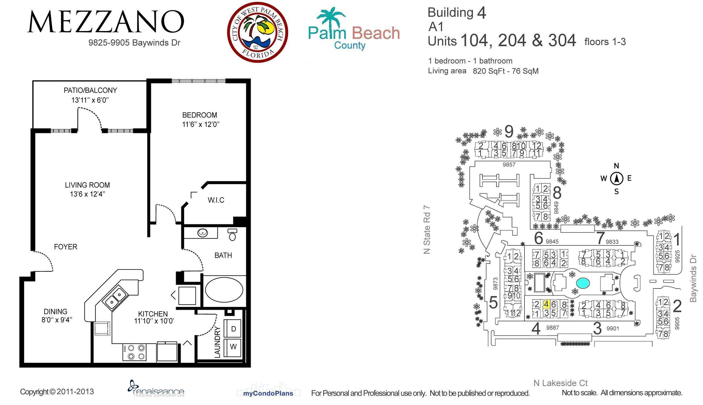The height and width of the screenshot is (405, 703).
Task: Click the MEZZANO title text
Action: [106, 22]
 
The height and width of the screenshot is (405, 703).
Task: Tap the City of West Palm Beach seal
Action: [258, 32]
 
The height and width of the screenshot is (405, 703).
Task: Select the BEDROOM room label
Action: [200, 115]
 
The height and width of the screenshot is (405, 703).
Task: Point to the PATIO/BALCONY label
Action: [90, 90]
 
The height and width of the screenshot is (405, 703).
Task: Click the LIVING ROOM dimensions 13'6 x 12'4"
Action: [87, 194]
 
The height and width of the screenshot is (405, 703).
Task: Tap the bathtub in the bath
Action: [224, 289]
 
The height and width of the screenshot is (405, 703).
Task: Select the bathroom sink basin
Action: [203, 233]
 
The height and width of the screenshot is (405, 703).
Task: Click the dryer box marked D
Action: [233, 329]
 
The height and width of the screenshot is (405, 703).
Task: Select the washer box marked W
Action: [233, 347]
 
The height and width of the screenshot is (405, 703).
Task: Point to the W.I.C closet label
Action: [216, 200]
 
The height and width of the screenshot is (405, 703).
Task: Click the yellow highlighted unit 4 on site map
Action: [546, 304]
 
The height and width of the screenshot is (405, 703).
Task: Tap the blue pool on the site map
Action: [583, 283]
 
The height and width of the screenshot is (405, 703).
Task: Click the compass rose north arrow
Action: [617, 178]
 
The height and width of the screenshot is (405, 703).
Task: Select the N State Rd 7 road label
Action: [427, 230]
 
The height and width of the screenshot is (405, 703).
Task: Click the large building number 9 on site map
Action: [509, 131]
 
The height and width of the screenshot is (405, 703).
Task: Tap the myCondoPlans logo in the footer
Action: [268, 393]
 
